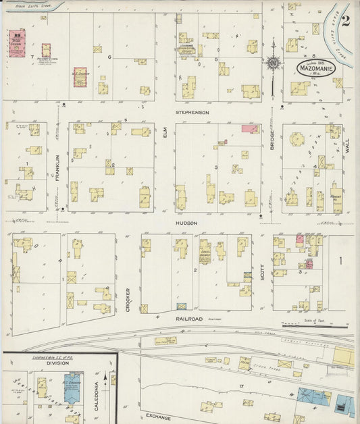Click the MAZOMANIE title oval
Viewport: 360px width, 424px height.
315,68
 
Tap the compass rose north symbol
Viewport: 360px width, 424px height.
273,63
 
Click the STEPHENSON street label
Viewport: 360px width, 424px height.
192,112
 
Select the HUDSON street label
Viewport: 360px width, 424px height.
187,223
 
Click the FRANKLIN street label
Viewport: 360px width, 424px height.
58,167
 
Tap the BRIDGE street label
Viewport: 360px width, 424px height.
273,146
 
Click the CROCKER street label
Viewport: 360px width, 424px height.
127,300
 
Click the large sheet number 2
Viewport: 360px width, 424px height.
346,21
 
